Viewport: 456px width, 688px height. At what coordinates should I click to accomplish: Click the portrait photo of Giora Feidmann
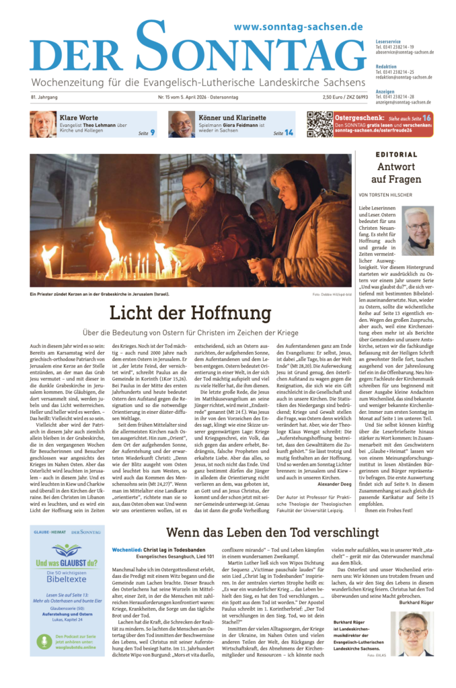(x=181, y=124)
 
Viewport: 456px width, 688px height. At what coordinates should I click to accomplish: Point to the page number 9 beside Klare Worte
(x=152, y=133)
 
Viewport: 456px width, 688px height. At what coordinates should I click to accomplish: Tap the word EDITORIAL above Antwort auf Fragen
(x=396, y=155)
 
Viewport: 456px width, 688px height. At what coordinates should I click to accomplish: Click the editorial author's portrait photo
(x=418, y=230)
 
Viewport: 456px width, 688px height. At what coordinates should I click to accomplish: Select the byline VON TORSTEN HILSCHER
(x=396, y=195)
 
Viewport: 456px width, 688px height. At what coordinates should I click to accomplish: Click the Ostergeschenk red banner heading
(x=369, y=117)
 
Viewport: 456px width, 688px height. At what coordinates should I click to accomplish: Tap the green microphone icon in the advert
(x=44, y=644)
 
